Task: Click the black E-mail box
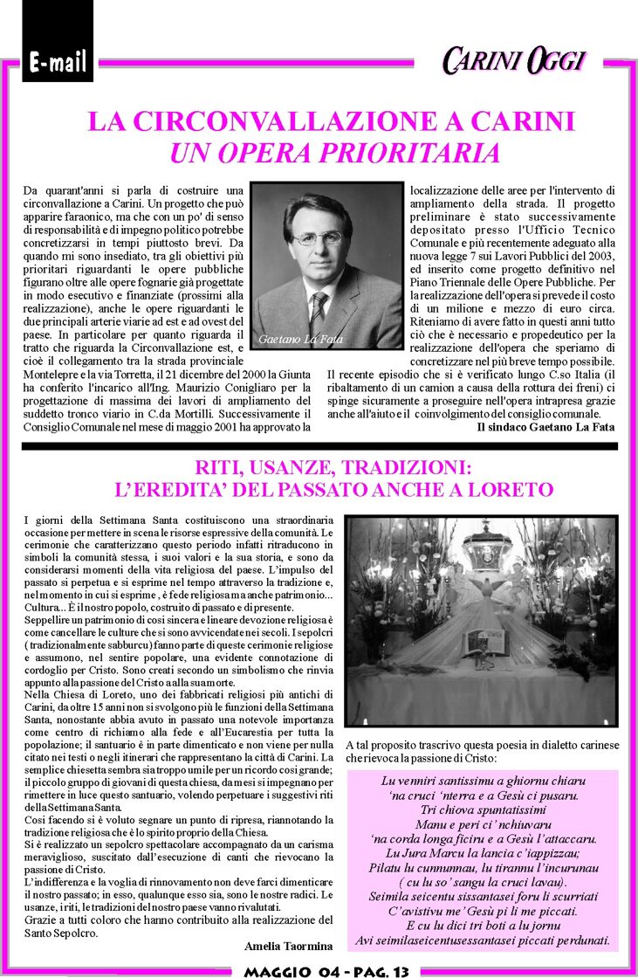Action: pyautogui.click(x=58, y=61)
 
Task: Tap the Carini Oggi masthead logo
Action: pyautogui.click(x=512, y=60)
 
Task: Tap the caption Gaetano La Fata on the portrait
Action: pyautogui.click(x=301, y=339)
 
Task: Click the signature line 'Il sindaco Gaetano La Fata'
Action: pyautogui.click(x=545, y=428)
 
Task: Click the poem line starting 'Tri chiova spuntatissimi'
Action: pyautogui.click(x=484, y=809)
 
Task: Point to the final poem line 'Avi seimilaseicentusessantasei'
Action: pyautogui.click(x=484, y=940)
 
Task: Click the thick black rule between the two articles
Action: pyautogui.click(x=319, y=445)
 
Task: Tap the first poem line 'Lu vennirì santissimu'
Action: pyautogui.click(x=484, y=780)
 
